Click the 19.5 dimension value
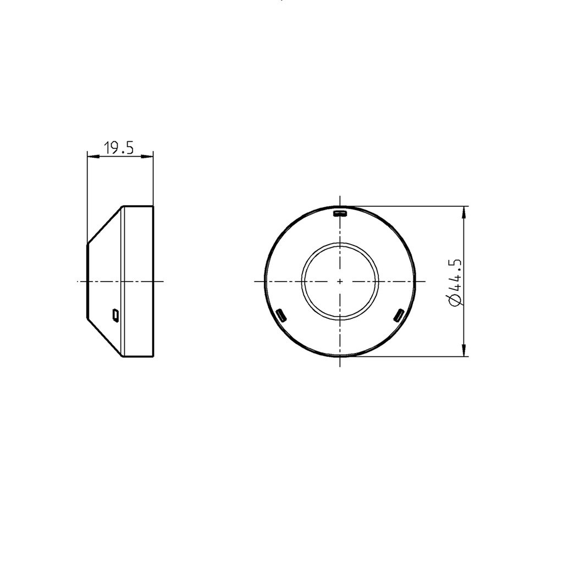coord(119,147)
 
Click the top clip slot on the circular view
coord(340,212)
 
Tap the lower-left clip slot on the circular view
coord(281,315)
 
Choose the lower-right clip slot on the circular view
coord(399,315)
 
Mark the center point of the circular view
coord(340,281)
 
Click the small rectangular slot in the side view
coord(115,314)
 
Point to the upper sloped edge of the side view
coord(104,224)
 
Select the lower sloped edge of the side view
coord(104,338)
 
